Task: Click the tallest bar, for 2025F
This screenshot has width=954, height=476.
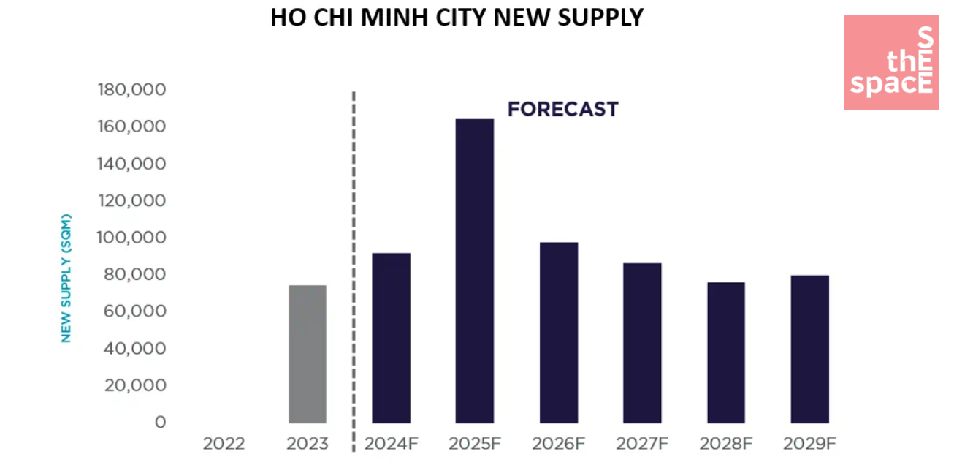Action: [x=474, y=271]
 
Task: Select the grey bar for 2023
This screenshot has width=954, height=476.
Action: [x=307, y=354]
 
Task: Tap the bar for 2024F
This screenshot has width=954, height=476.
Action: [x=391, y=338]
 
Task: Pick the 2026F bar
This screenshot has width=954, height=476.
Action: [x=558, y=333]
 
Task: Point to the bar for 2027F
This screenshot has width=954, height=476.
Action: [x=642, y=343]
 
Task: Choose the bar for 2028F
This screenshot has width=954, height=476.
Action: [x=725, y=352]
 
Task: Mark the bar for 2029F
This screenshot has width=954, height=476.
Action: [x=809, y=349]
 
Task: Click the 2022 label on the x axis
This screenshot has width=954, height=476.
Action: [x=224, y=444]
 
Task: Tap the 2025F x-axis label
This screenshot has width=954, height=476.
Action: [x=475, y=444]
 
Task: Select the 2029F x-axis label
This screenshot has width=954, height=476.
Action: [x=809, y=444]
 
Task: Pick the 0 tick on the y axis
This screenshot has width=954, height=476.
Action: [x=160, y=422]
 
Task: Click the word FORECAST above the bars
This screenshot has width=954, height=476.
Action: [x=562, y=110]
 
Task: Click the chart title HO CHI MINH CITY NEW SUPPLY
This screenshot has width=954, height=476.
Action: [x=457, y=18]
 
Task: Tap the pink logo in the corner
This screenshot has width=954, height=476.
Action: [x=891, y=62]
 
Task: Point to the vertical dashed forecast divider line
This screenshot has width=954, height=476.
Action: [x=354, y=256]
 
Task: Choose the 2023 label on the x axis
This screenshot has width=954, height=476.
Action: [x=308, y=444]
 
